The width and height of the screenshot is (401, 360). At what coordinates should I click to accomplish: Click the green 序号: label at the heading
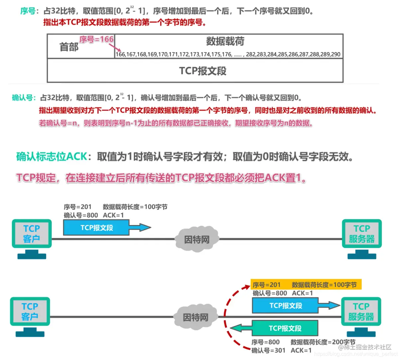click(28, 11)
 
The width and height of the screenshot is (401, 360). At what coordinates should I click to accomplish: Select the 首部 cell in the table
click(69, 47)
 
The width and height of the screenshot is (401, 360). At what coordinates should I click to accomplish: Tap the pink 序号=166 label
click(96, 40)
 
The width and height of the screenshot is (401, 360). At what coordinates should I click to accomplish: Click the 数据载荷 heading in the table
click(225, 42)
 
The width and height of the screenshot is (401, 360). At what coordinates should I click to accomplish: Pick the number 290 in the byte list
click(336, 54)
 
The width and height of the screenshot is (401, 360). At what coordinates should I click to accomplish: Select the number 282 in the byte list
click(251, 54)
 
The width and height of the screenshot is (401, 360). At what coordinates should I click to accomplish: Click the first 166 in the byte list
click(120, 54)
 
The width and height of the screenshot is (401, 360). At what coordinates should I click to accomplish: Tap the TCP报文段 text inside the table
click(202, 71)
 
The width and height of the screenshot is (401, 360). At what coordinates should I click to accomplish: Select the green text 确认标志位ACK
click(52, 157)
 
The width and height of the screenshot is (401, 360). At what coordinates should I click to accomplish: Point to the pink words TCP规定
click(36, 178)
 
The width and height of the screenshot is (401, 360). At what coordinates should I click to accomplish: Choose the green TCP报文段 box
click(285, 328)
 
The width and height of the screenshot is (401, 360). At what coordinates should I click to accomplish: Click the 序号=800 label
click(265, 342)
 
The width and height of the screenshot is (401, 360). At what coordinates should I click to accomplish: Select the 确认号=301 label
click(268, 350)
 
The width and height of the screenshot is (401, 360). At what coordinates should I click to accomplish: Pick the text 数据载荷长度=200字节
click(323, 342)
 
